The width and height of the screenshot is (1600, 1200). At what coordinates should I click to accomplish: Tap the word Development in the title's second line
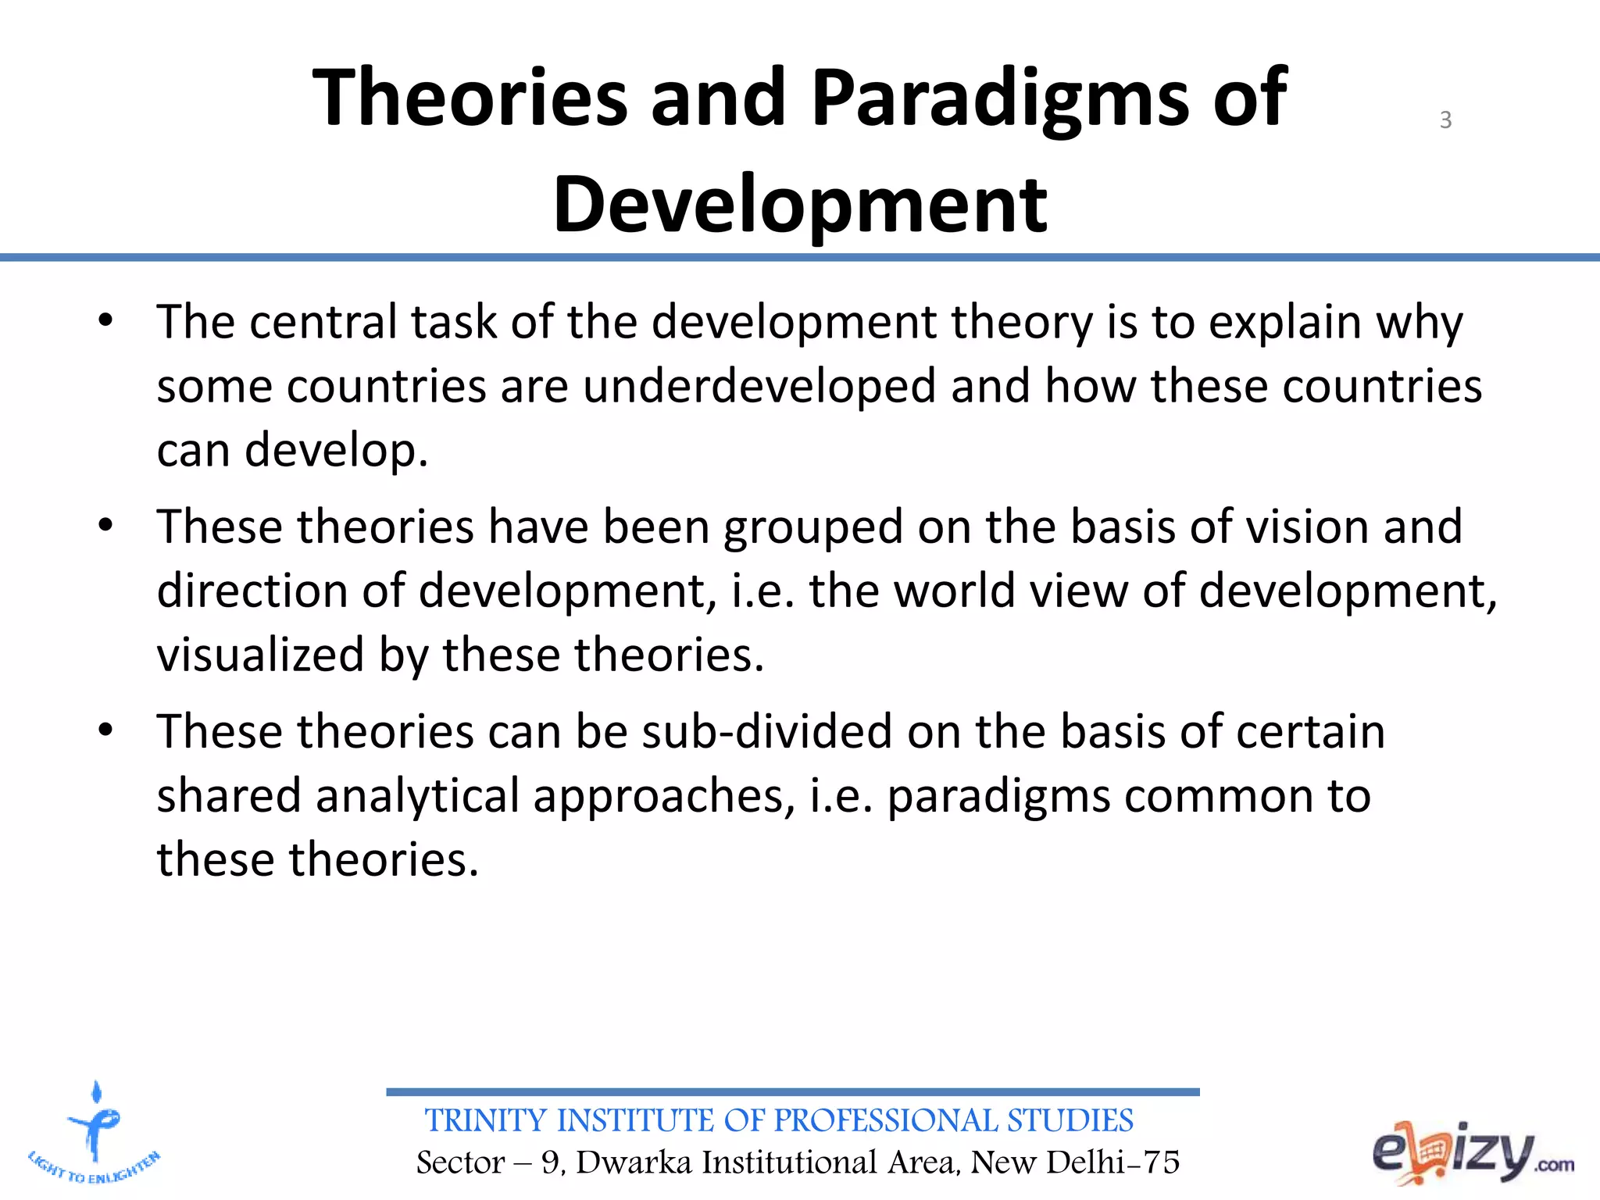[x=800, y=205]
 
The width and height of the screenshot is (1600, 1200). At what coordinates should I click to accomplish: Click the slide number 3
[x=1445, y=120]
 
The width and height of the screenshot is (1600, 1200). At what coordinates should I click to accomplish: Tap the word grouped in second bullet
[x=813, y=527]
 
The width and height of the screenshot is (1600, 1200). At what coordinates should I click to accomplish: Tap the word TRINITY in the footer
[x=485, y=1121]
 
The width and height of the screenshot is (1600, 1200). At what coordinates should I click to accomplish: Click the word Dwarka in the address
[x=634, y=1162]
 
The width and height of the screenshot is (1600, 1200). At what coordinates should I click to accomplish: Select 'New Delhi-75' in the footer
[x=1075, y=1162]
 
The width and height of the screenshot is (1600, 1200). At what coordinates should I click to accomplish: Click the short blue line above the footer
[x=792, y=1092]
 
